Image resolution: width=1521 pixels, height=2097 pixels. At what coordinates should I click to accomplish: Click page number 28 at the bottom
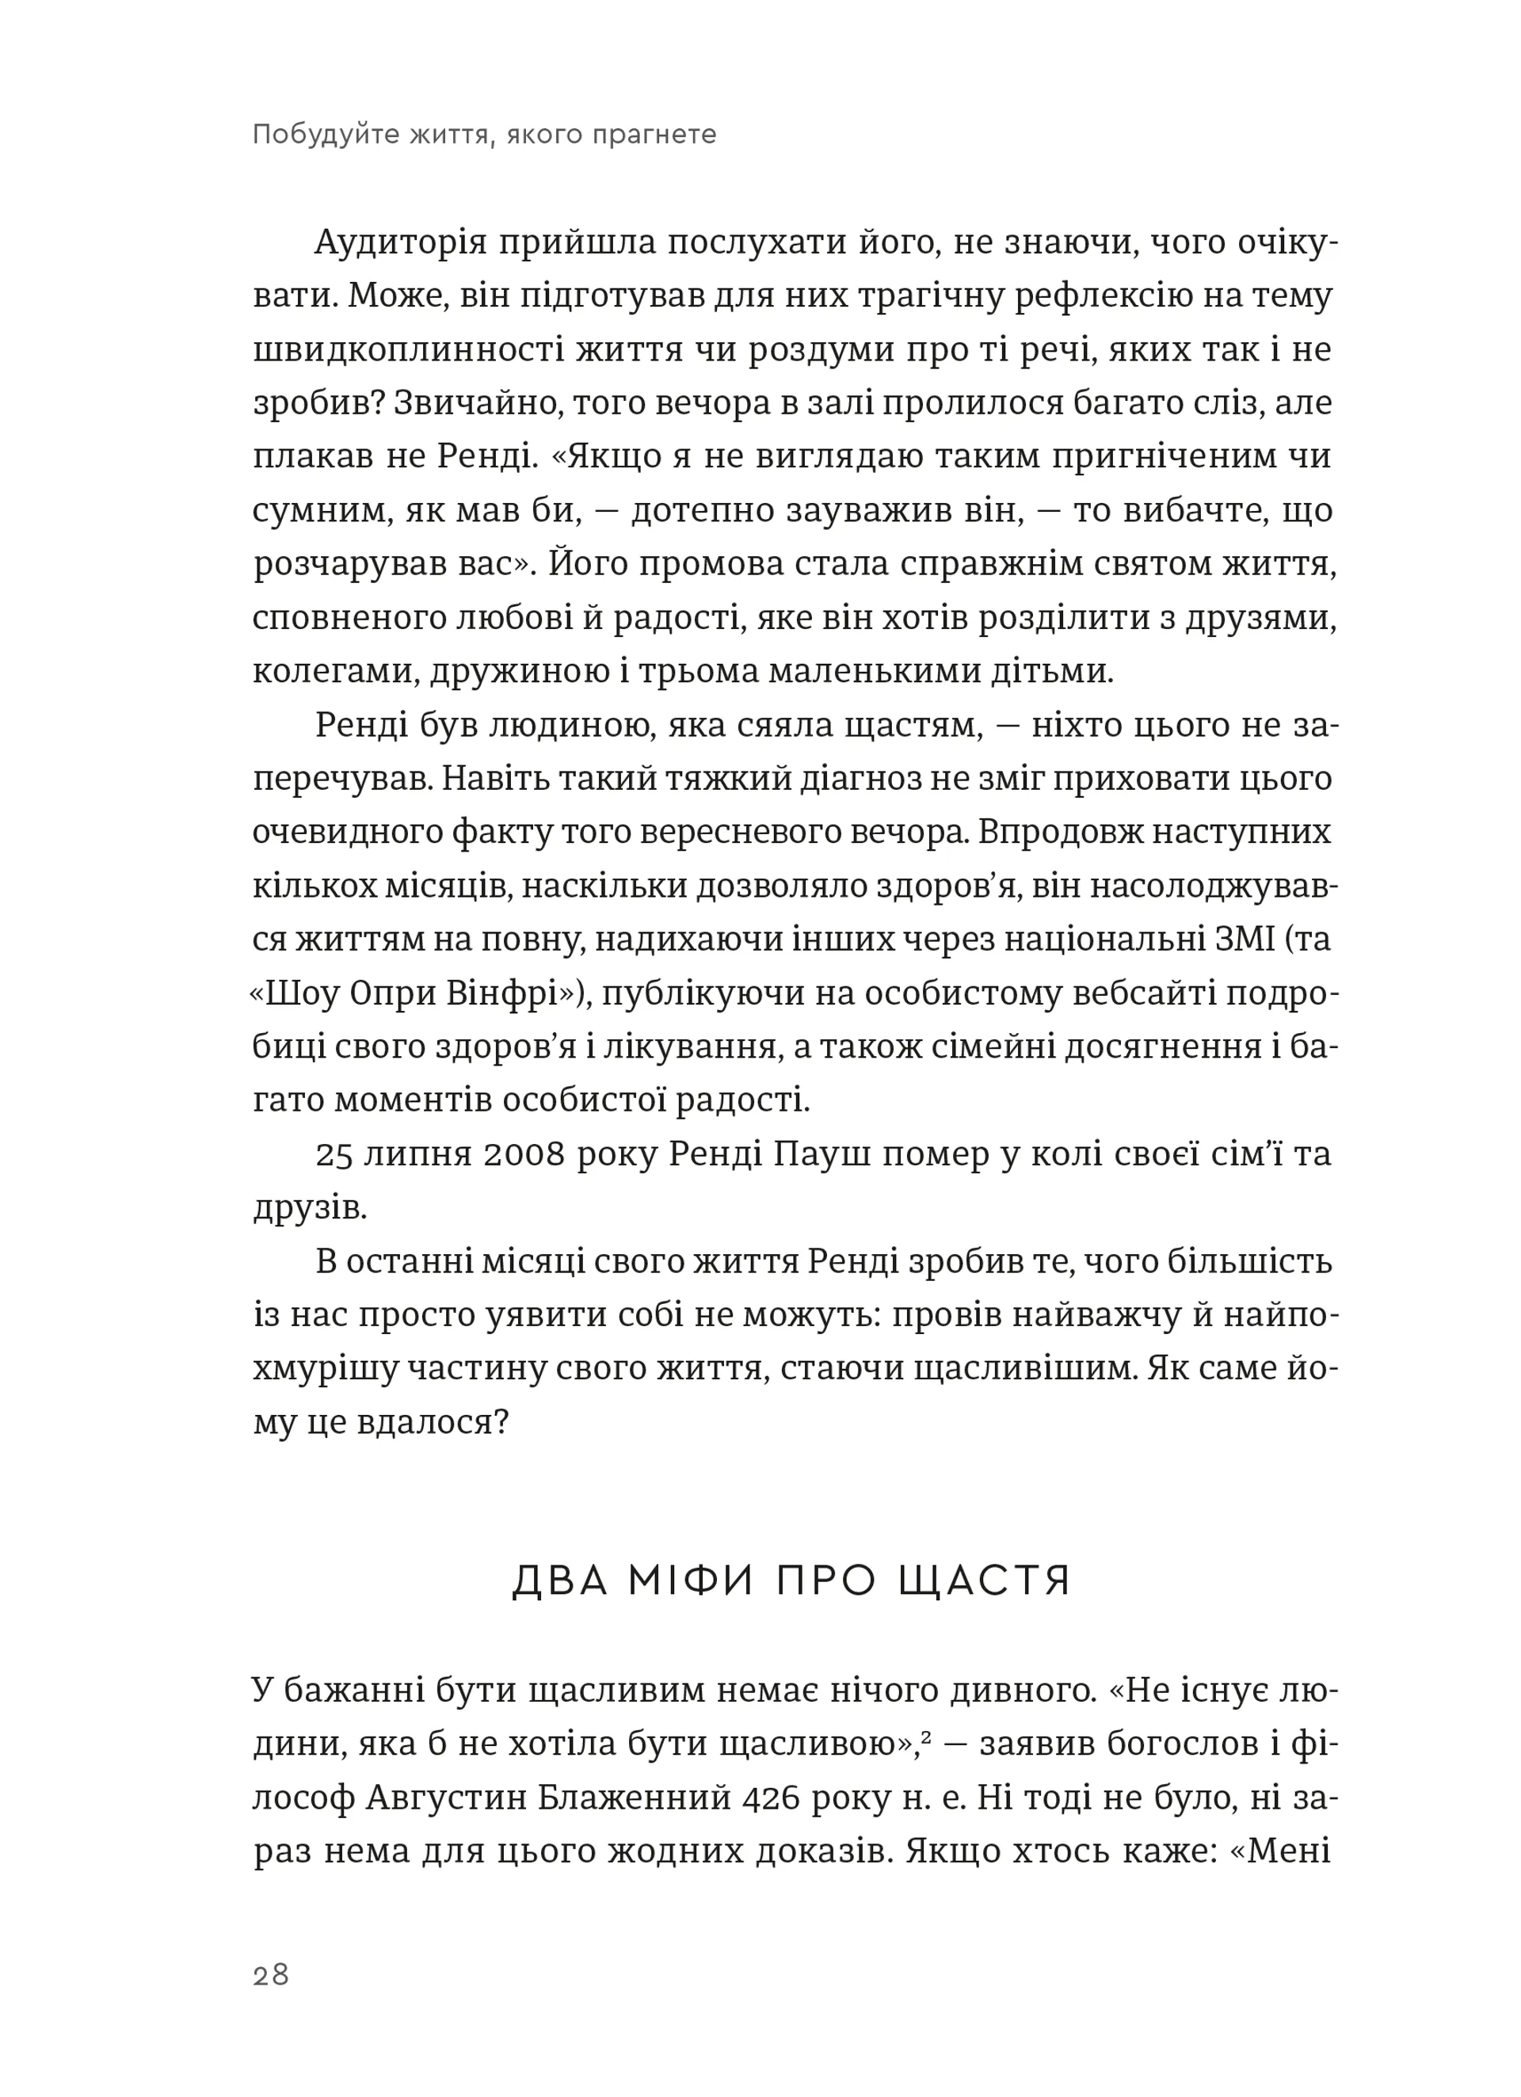271,1975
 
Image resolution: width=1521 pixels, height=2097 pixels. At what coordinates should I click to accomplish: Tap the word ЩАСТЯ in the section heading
984,1581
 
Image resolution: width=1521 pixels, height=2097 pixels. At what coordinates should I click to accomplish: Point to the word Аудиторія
400,243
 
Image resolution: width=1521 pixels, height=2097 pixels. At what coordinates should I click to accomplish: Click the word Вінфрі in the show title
508,994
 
